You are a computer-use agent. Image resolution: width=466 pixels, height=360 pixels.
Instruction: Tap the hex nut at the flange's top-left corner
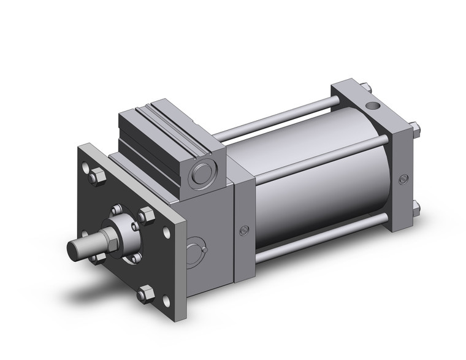[96, 178]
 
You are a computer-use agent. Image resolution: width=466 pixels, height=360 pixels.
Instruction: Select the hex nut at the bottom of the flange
[146, 294]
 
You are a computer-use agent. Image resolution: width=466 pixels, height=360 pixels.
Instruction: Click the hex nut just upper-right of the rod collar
[146, 216]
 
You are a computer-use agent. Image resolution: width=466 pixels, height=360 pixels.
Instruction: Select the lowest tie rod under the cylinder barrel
[319, 242]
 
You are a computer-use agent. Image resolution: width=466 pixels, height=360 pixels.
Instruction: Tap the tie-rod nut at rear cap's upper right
[416, 129]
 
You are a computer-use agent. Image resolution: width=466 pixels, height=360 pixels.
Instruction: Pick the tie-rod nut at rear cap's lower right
[416, 207]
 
